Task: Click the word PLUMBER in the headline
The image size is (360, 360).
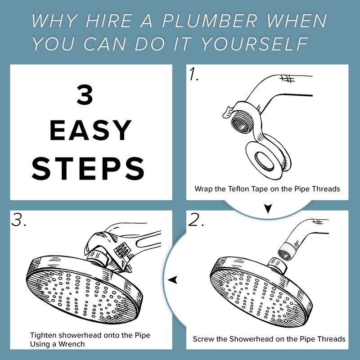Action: pyautogui.click(x=209, y=21)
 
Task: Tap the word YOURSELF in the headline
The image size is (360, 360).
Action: pyautogui.click(x=254, y=44)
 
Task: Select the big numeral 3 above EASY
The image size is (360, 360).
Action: pyautogui.click(x=85, y=95)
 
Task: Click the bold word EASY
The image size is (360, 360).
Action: pyautogui.click(x=90, y=130)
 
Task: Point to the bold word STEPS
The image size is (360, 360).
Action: pyautogui.click(x=88, y=168)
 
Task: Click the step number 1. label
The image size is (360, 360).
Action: pyautogui.click(x=194, y=74)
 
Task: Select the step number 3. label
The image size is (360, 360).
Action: pyautogui.click(x=18, y=220)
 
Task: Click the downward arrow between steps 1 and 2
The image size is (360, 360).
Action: pyautogui.click(x=268, y=208)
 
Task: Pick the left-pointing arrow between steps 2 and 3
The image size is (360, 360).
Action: pyautogui.click(x=173, y=280)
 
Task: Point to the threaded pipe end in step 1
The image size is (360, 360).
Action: pyautogui.click(x=240, y=124)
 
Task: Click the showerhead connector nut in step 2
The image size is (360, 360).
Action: pyautogui.click(x=278, y=265)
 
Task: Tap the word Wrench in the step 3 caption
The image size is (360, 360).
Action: pyautogui.click(x=72, y=344)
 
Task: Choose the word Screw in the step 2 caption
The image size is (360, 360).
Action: pyautogui.click(x=202, y=339)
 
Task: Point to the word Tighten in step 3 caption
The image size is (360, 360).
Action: pyautogui.click(x=43, y=335)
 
